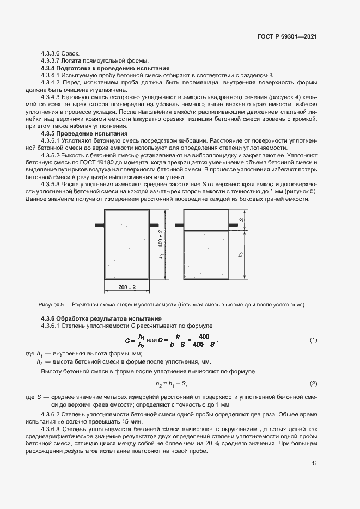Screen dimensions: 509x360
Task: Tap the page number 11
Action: [x=314, y=463]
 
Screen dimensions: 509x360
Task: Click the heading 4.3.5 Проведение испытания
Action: [x=84, y=133]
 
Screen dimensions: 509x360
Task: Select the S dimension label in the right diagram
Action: [x=241, y=220]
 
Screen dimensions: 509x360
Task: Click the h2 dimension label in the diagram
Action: [x=241, y=254]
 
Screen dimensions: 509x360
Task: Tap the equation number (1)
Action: [x=313, y=340]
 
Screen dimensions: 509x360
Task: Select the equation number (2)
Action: [x=313, y=384]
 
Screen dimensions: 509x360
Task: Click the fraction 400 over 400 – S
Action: [x=204, y=340]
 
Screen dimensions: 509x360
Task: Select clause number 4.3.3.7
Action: [x=52, y=60]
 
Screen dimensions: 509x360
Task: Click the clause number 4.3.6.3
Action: [x=53, y=430]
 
